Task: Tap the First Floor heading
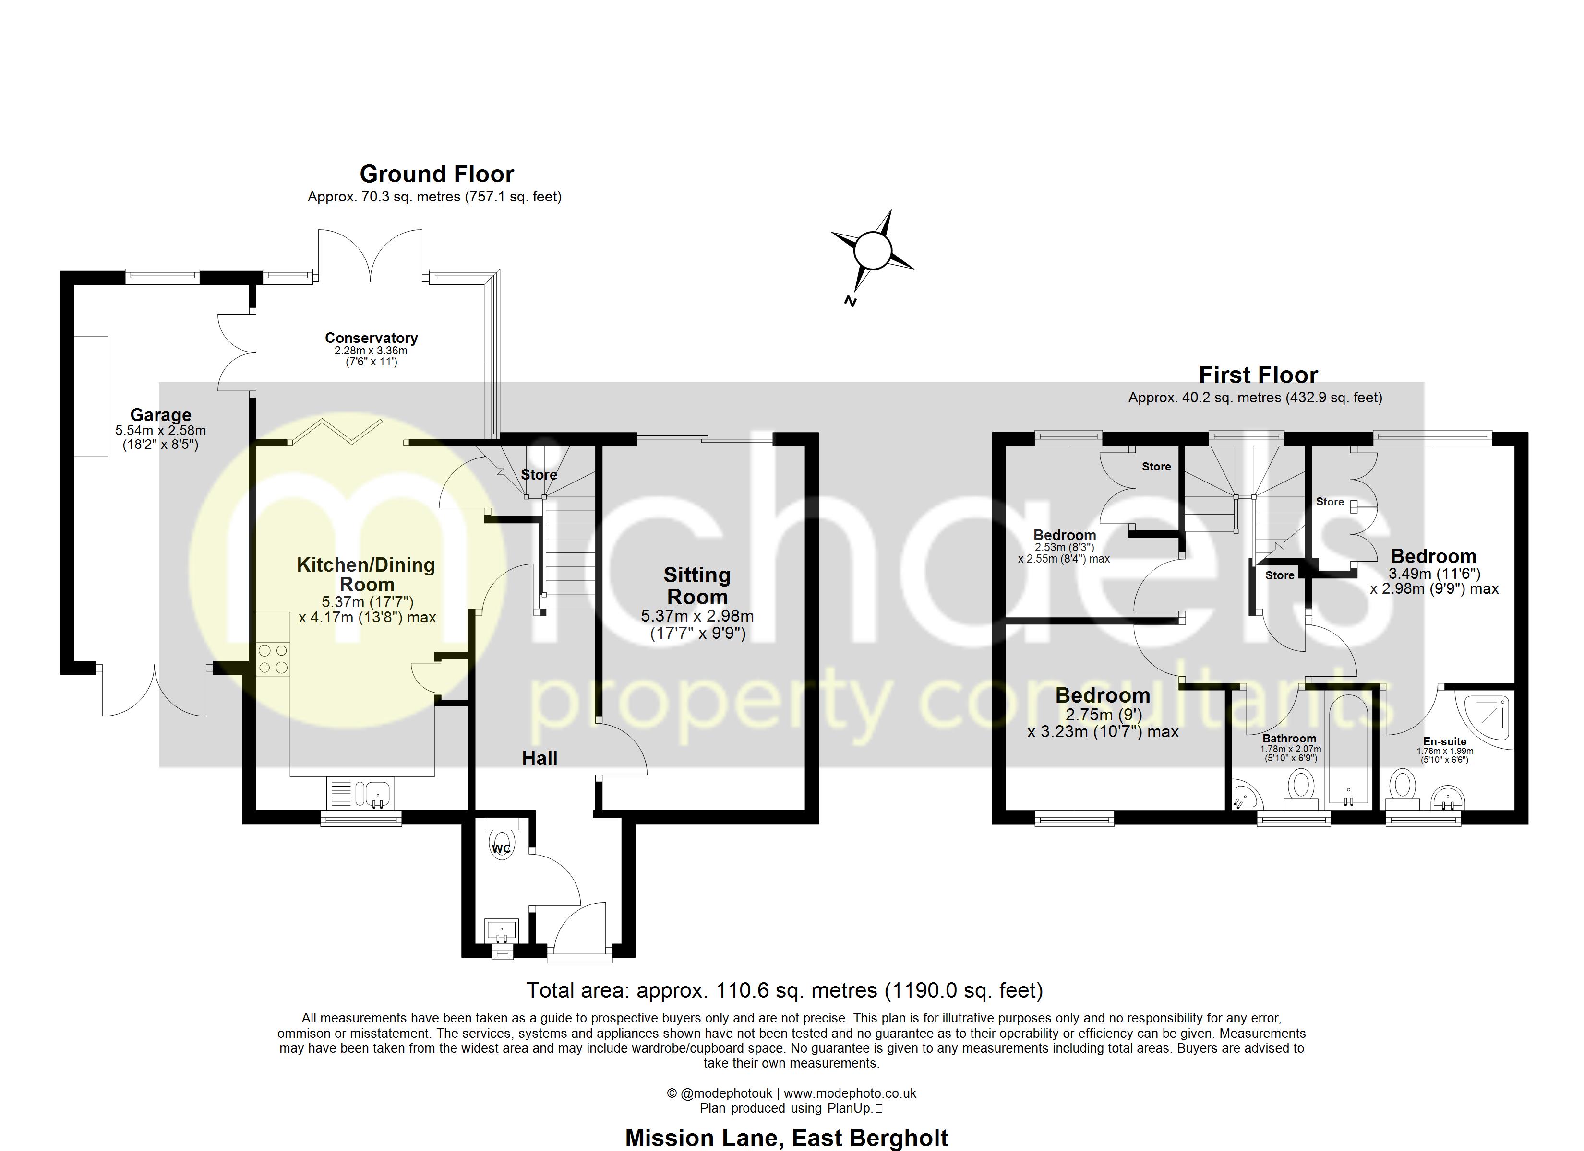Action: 1258,376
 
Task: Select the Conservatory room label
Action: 371,338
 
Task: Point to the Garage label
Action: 161,415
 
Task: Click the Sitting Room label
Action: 697,586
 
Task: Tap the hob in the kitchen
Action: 273,659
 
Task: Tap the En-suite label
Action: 1445,741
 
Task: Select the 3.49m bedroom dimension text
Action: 1434,574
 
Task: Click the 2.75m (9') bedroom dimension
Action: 1103,715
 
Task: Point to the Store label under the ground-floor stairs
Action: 539,475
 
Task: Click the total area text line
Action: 784,990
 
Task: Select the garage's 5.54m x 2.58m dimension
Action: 161,431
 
